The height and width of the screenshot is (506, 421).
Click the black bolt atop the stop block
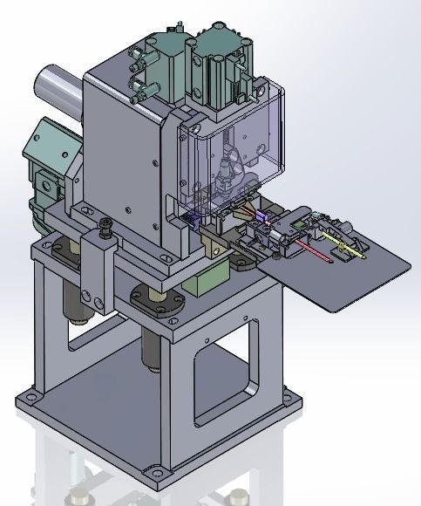(x=105, y=229)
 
